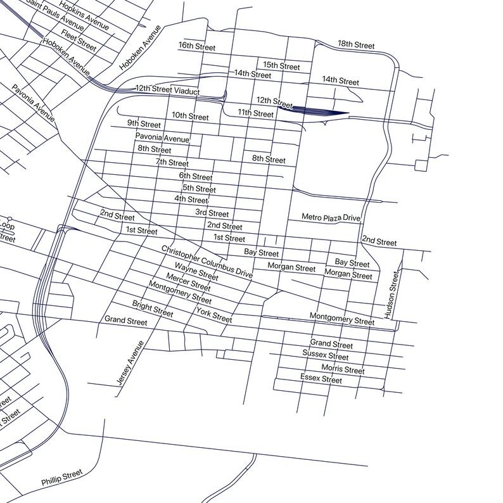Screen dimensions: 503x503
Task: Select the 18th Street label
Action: [x=356, y=45]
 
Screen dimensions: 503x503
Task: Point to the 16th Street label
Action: [x=197, y=46]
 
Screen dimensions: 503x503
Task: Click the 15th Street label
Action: [x=281, y=66]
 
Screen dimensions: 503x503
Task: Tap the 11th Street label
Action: [x=255, y=113]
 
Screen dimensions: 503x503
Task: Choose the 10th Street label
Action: [x=190, y=117]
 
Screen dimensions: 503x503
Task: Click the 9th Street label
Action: [x=144, y=124]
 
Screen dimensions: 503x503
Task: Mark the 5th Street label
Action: [x=199, y=189]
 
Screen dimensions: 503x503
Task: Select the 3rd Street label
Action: [x=212, y=213]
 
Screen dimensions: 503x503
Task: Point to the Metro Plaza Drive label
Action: [x=331, y=217]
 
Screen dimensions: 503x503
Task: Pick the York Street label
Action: [x=214, y=314]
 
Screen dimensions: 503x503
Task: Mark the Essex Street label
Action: [x=321, y=379]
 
